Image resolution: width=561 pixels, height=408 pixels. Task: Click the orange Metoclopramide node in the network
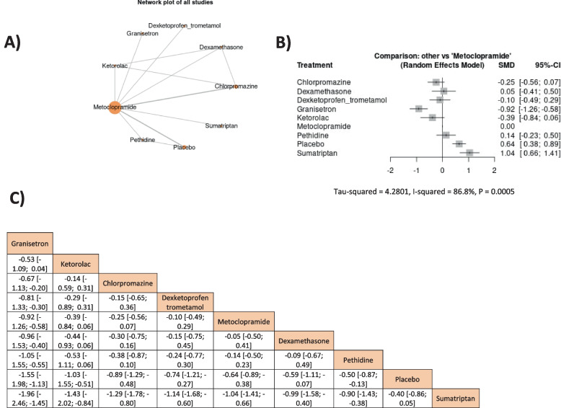(x=114, y=107)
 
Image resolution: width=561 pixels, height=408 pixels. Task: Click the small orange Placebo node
(x=184, y=147)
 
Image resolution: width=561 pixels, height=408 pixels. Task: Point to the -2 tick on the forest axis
(x=390, y=171)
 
